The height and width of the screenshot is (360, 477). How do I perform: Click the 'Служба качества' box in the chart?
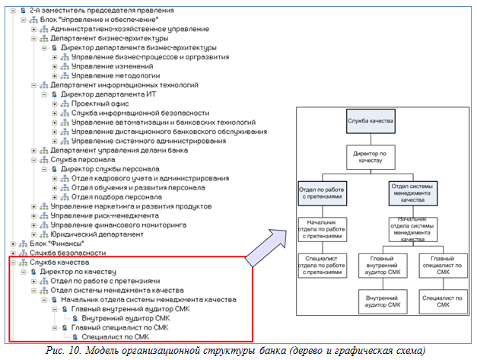[369, 122]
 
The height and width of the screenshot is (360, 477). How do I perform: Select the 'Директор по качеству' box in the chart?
[369, 158]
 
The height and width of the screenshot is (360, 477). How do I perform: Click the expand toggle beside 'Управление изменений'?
[54, 67]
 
